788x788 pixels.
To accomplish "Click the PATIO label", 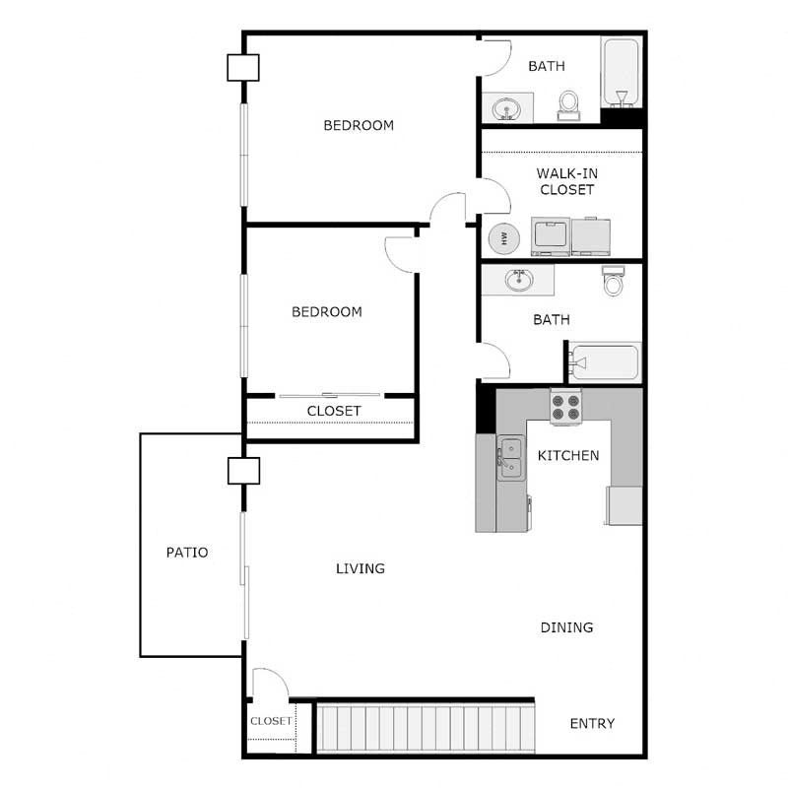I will point(187,553).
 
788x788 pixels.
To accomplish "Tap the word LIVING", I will point(360,568).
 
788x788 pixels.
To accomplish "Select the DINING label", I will point(566,627).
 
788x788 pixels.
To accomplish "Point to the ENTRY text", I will point(592,723).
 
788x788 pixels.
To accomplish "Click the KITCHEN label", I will point(568,456).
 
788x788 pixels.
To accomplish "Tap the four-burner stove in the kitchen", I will point(566,407).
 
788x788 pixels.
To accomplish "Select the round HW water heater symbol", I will point(504,238).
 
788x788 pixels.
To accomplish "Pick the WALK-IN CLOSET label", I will point(566,181).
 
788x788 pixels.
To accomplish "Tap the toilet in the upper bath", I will point(569,104).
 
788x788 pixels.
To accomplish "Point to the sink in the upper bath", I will point(508,106).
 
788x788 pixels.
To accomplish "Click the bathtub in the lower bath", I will point(606,361).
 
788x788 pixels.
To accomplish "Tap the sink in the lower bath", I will point(519,280).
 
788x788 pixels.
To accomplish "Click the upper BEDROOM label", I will point(359,125).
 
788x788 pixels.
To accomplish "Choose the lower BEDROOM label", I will point(327,311).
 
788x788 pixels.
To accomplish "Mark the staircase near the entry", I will point(427,728).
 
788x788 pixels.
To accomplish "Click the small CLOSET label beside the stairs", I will point(271,721).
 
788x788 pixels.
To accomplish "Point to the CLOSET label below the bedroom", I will point(334,411).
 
